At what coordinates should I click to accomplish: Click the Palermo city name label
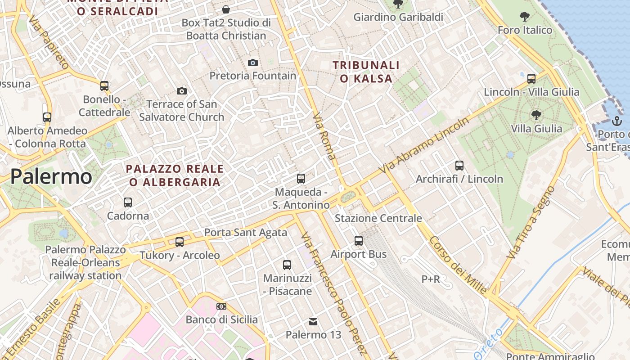(51, 176)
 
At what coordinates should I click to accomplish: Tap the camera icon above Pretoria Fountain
(253, 63)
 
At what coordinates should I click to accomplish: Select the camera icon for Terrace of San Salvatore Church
(182, 91)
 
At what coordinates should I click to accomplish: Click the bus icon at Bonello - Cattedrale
(104, 85)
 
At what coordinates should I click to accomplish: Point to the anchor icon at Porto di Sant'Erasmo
(616, 121)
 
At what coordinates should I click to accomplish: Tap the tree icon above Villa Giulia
(536, 115)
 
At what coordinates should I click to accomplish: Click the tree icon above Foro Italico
(524, 17)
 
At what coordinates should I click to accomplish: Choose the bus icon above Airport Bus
(359, 241)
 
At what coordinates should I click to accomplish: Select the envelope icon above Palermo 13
(313, 322)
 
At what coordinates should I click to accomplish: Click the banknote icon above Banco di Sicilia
(221, 306)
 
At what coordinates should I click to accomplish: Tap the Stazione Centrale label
(378, 218)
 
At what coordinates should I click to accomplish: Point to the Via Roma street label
(324, 136)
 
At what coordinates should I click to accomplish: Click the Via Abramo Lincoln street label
(424, 145)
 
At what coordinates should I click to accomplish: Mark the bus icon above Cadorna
(128, 202)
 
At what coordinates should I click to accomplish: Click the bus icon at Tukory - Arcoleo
(180, 242)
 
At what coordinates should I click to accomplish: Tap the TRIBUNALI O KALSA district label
(366, 72)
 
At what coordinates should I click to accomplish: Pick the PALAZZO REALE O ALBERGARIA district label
(175, 175)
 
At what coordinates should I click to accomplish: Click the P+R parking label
(431, 279)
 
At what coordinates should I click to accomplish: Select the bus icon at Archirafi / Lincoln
(459, 166)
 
